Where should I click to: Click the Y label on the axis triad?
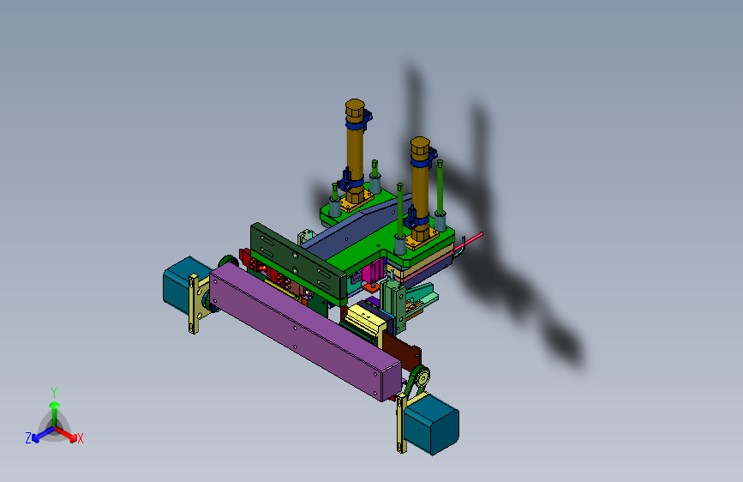(x=54, y=393)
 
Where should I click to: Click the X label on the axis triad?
(x=80, y=439)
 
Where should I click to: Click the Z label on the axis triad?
(x=28, y=438)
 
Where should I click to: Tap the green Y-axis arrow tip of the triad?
(x=55, y=405)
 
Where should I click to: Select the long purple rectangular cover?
(x=304, y=331)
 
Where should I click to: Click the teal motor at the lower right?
(x=432, y=424)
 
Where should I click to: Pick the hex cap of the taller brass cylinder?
(x=355, y=110)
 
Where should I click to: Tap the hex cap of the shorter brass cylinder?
(x=420, y=148)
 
